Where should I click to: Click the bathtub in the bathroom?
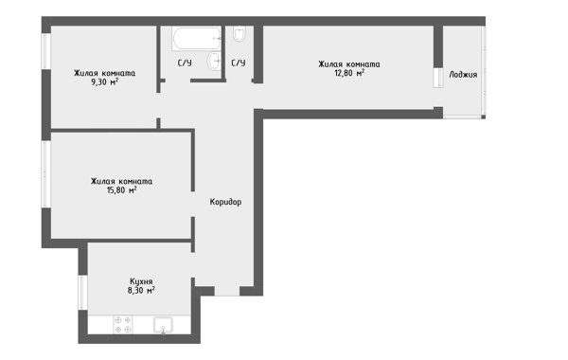click(x=196, y=38)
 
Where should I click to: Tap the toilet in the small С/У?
click(x=240, y=34)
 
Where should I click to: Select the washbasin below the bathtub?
click(x=214, y=61)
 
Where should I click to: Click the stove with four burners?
click(x=123, y=324)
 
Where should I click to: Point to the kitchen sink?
click(x=163, y=325)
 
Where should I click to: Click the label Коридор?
click(x=225, y=202)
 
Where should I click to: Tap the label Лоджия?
click(x=463, y=75)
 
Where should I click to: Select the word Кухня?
click(x=141, y=281)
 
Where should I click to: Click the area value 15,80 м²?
click(x=122, y=190)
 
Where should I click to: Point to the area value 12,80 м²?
click(x=349, y=73)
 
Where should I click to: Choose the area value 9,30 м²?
click(x=105, y=81)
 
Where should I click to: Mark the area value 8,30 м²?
click(x=141, y=290)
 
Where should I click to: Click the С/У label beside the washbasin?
click(x=185, y=63)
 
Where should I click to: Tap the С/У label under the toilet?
click(x=239, y=63)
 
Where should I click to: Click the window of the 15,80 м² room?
click(x=46, y=174)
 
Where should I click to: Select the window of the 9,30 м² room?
click(x=46, y=51)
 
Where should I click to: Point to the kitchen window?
click(x=82, y=292)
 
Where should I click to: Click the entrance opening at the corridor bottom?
click(x=227, y=291)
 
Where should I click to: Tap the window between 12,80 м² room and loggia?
click(x=438, y=78)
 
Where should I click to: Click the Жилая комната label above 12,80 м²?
click(x=349, y=64)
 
